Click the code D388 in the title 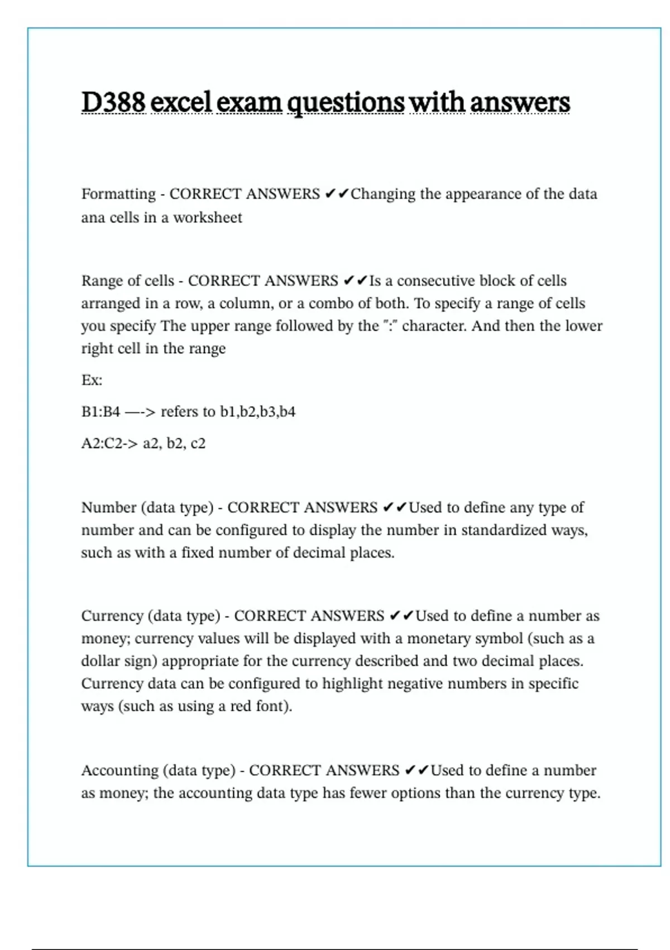tap(113, 102)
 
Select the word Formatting tap(118, 194)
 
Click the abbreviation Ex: tap(92, 381)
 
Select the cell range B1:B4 tap(100, 412)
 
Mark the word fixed tap(198, 553)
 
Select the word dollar tap(98, 661)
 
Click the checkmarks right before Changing tap(337, 194)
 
